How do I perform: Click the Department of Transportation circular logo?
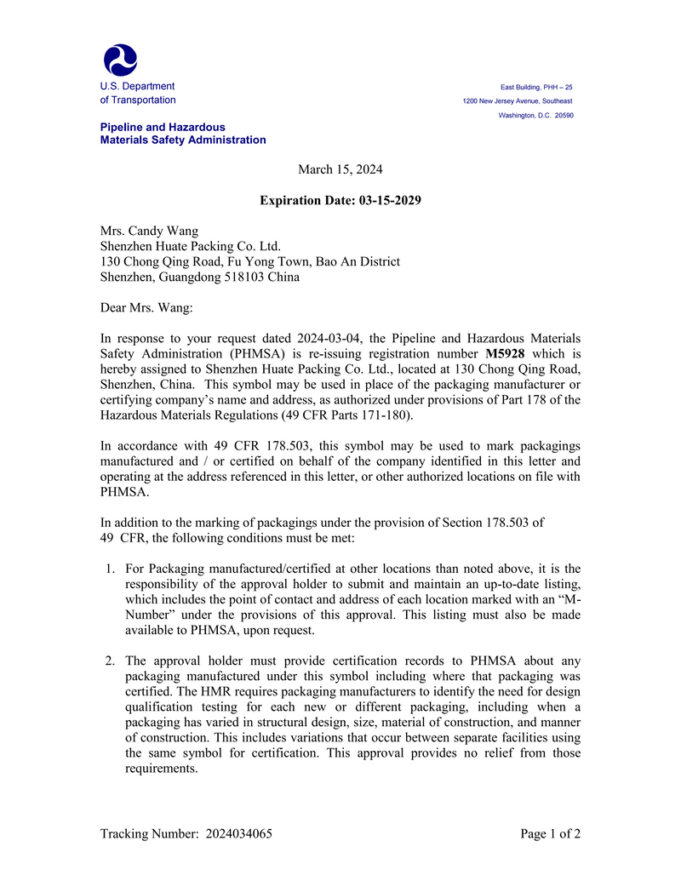click(x=120, y=60)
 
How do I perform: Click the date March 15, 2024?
click(x=340, y=169)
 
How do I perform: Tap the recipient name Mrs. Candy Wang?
click(x=150, y=231)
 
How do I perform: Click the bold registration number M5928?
click(x=505, y=353)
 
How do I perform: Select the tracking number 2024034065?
click(x=239, y=834)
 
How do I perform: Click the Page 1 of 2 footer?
click(x=550, y=834)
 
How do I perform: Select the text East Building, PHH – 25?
click(x=536, y=87)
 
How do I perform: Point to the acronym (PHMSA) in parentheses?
click(x=255, y=353)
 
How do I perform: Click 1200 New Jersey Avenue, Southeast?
click(x=517, y=101)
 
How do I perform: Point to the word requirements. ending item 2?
click(x=162, y=768)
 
